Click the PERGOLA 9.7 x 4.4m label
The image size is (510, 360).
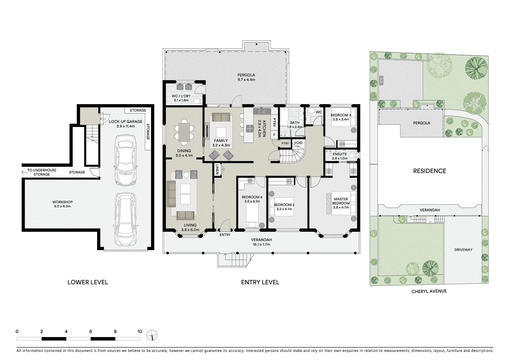(x=246, y=77)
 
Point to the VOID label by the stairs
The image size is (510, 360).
(x=298, y=143)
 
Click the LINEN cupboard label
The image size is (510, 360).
(x=217, y=169)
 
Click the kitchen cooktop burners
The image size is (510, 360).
(x=250, y=128)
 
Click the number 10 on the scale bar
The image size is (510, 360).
(x=139, y=332)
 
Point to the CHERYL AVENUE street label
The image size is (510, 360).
(x=429, y=291)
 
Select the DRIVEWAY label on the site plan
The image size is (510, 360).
(x=463, y=250)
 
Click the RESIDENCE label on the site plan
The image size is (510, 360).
(x=429, y=171)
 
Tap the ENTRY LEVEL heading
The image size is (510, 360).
(x=260, y=282)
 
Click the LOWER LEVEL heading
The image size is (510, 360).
(x=87, y=282)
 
